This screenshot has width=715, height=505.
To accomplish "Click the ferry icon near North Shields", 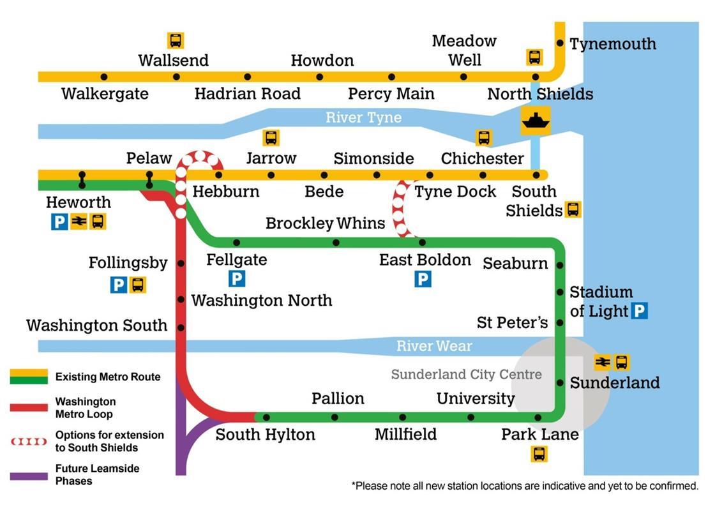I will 535,119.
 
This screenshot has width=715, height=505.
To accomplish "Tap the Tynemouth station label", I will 612,44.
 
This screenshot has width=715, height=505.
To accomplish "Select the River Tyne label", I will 363,117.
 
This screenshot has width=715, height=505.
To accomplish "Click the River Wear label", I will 434,346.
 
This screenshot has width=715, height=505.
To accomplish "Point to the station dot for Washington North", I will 181,299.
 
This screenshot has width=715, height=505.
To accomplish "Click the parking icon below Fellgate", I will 237,279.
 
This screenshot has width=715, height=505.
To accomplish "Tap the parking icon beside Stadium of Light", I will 639,311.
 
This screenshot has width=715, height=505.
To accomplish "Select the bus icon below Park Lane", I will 539,454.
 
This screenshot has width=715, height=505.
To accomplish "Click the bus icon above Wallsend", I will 176,40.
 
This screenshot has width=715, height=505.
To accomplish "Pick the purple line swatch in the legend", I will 29,476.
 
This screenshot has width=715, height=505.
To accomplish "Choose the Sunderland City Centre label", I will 466,375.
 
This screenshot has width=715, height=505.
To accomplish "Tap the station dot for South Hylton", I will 266,418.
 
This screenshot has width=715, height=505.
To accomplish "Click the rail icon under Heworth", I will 79,222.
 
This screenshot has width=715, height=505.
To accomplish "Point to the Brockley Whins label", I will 325,223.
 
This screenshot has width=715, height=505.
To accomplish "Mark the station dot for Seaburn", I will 560,264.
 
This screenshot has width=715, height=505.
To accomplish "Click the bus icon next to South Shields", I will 573,209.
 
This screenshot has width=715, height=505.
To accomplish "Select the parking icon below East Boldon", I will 423,279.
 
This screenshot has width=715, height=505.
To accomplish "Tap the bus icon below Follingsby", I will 138,284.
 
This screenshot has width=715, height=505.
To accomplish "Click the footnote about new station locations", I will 524,486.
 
